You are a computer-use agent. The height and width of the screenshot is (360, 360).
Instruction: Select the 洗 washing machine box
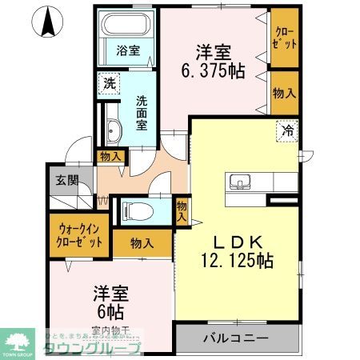pos(106,82)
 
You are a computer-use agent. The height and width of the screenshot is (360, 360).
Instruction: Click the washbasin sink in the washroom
pos(112,131)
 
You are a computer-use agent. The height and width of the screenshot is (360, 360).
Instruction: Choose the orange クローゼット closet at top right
pos(285,38)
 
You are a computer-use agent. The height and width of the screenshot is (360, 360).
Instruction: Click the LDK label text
pos(237,241)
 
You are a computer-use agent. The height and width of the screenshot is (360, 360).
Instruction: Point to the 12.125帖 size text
pos(237,260)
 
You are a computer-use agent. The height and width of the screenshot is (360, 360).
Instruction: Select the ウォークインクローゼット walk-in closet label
pos(79,234)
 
